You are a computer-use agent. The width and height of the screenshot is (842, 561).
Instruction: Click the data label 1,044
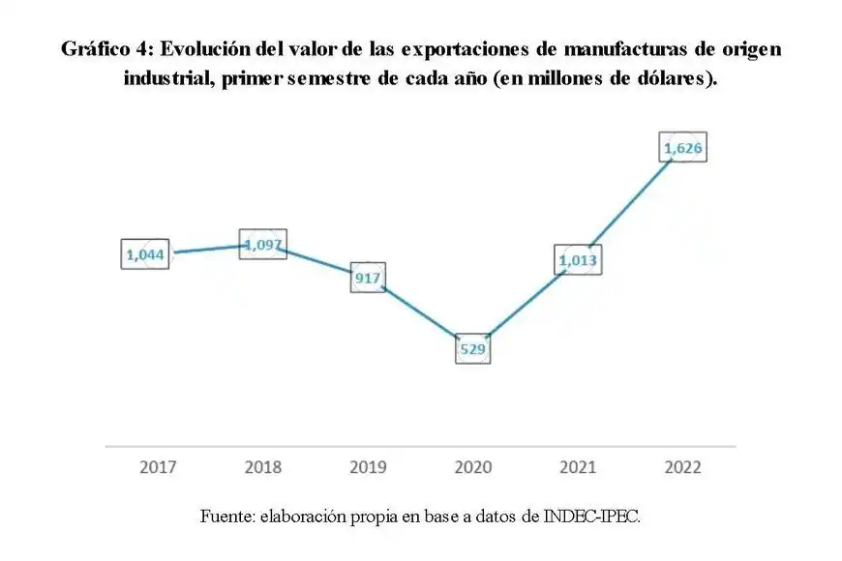coord(146,254)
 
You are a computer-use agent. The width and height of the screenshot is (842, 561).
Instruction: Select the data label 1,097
coord(262,245)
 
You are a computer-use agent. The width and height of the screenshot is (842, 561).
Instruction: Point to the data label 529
coord(472,347)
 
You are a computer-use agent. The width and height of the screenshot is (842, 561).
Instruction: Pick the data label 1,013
coord(579,259)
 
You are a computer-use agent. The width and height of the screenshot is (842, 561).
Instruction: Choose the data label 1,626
coord(683,147)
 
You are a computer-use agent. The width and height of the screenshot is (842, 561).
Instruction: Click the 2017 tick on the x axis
coord(158,467)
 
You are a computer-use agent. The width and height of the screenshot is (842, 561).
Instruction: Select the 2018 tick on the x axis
coord(262,467)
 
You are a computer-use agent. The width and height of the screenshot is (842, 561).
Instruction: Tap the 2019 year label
coord(368,467)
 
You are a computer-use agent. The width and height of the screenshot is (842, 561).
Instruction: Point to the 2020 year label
coord(472,467)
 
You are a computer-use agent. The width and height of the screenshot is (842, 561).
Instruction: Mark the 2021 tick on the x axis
coord(578,467)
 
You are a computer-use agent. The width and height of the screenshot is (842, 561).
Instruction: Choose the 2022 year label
coord(682,467)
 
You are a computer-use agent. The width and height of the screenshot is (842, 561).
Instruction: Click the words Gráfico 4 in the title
coord(101,49)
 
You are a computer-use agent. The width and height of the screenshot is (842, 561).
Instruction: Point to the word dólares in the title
coord(668,79)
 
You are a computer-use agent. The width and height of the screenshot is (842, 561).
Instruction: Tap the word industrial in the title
coord(168,79)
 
